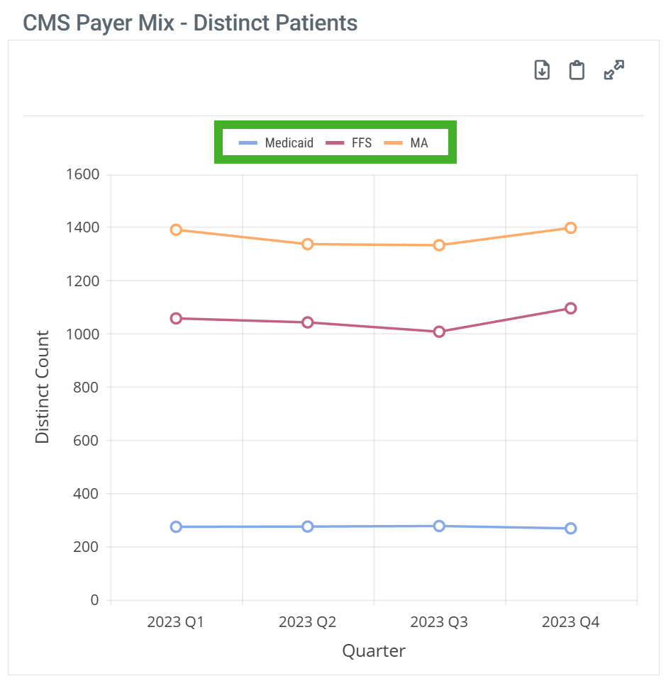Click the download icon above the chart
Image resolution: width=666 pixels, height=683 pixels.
point(542,70)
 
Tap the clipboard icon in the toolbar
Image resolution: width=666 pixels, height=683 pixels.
point(577,70)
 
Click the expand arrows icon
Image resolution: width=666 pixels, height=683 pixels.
point(614,70)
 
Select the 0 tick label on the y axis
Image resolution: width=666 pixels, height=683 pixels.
point(94,600)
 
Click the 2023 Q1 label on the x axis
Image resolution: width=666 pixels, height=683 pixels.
point(176,623)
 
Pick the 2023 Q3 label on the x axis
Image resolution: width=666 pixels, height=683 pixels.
point(439,623)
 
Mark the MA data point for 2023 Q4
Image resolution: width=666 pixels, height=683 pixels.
point(570,227)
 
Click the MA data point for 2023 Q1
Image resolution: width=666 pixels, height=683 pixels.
point(176,230)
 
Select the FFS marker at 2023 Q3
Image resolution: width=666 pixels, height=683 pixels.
point(439,332)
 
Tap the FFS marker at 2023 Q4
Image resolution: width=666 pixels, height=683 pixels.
point(570,308)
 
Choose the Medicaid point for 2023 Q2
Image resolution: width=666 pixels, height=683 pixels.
point(308,526)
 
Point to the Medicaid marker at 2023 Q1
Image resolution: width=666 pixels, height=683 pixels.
point(176,526)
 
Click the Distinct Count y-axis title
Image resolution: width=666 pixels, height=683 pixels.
point(43,387)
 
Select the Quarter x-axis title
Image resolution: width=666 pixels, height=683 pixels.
point(374,651)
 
